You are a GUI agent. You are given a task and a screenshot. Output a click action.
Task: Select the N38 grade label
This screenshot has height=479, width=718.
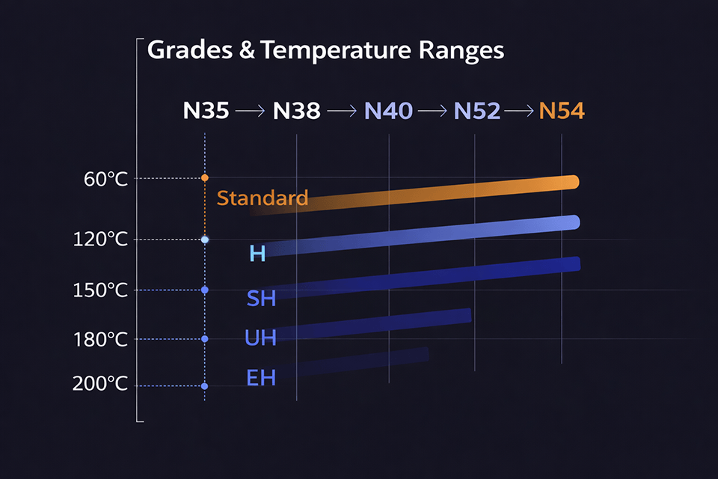[296, 112]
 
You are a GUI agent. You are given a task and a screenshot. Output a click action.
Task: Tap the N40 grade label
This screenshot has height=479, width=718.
[388, 112]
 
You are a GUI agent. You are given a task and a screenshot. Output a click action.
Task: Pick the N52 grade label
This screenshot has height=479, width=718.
[476, 112]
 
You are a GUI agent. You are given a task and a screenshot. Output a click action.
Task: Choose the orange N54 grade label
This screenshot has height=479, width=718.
[562, 112]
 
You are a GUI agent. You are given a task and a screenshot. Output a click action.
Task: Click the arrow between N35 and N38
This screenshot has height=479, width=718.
[250, 112]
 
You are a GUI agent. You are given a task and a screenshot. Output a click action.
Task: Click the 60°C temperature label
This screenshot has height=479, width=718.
[105, 179]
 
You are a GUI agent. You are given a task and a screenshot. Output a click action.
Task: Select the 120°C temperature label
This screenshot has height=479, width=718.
[100, 239]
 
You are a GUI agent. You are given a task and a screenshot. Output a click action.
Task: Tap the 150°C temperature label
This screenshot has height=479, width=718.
[100, 290]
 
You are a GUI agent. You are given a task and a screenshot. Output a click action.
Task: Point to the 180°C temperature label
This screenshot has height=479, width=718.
[100, 340]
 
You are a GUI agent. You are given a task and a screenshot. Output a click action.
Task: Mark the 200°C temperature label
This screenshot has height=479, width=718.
[100, 385]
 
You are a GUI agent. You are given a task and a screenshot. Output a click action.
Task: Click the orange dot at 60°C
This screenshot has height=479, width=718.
[204, 177]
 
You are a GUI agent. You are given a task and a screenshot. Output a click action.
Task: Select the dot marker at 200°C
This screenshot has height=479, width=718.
[204, 386]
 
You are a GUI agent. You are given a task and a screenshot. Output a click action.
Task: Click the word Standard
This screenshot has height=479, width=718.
[262, 198]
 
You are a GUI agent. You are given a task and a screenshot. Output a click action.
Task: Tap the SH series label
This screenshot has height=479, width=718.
[261, 299]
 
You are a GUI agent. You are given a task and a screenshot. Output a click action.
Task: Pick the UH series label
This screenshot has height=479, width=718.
[260, 338]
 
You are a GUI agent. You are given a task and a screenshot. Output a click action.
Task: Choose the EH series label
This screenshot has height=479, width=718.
[261, 378]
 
